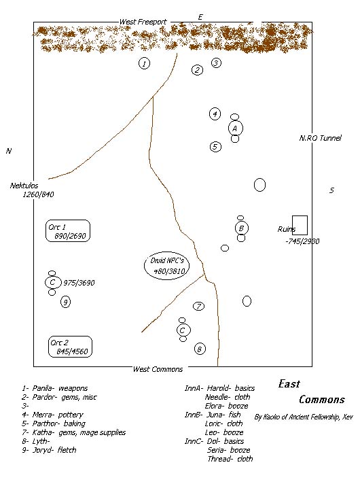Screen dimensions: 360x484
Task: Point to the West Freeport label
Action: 143,22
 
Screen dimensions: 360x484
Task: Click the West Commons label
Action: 158,369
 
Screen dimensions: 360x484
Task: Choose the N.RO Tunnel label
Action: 320,138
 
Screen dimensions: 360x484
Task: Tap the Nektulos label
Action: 24,186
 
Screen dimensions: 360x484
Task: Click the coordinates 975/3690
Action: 79,283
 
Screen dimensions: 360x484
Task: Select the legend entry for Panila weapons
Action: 55,388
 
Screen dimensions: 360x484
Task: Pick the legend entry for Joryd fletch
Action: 49,450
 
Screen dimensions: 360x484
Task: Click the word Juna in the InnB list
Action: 215,415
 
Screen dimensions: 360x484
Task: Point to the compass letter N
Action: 9,151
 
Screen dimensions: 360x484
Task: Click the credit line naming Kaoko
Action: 304,417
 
